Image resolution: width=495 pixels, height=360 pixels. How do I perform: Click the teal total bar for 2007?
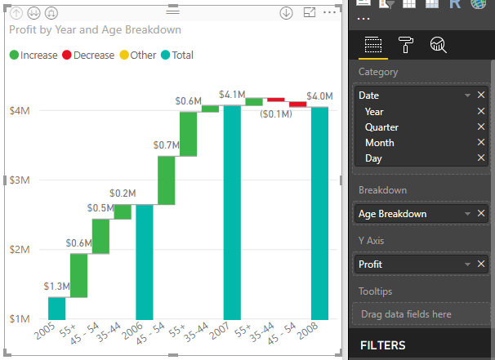(x=232, y=212)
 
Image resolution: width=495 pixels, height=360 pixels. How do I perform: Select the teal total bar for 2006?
(x=145, y=261)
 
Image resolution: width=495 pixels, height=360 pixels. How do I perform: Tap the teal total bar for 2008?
(x=319, y=212)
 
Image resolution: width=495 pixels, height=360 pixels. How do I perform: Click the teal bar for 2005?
(x=56, y=308)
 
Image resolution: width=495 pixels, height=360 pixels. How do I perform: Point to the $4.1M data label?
(x=232, y=95)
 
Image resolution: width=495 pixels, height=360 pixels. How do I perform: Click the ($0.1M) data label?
(x=276, y=114)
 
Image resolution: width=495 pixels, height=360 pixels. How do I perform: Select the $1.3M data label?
(x=56, y=287)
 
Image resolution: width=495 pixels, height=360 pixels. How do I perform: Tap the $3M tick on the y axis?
(x=20, y=180)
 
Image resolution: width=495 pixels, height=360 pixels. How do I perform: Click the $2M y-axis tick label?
(x=20, y=249)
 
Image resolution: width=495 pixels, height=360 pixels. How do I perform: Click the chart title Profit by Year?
(x=95, y=29)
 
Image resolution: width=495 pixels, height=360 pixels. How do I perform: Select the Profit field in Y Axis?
(x=408, y=264)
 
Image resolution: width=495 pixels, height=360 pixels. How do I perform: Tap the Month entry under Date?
(x=379, y=143)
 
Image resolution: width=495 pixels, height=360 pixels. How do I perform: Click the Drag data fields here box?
(x=419, y=313)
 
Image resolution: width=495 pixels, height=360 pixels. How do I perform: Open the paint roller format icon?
(x=405, y=45)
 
